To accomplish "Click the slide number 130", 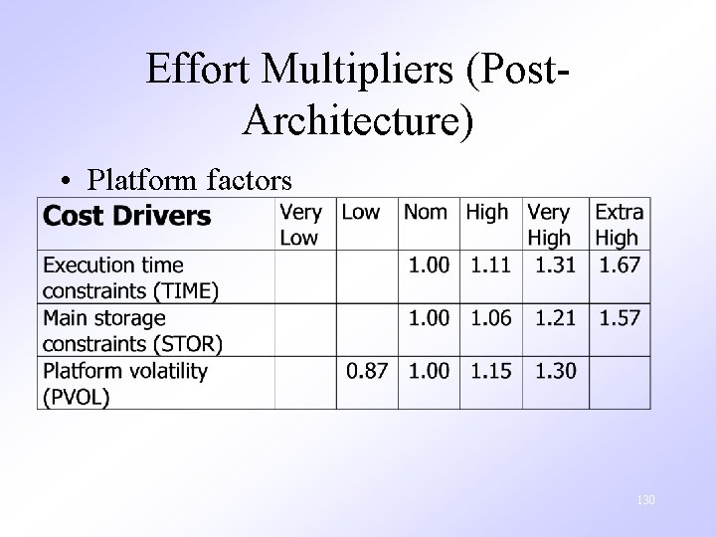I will click(645, 500).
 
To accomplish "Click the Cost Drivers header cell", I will click(127, 215).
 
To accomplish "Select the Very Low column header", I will click(301, 225).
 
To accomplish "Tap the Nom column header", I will click(425, 212).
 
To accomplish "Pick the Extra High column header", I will click(618, 225).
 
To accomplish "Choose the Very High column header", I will click(549, 225).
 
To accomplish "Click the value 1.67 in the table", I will click(620, 266).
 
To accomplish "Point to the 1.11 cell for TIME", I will click(489, 266).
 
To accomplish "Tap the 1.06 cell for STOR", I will click(489, 318).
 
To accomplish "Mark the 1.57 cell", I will click(620, 318).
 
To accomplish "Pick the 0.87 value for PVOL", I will click(367, 371).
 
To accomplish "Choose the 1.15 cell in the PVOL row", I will click(489, 371).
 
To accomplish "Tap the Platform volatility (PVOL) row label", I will click(125, 383).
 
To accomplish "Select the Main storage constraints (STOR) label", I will click(132, 330).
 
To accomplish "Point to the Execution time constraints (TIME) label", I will click(130, 277).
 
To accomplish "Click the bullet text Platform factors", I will click(189, 180).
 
